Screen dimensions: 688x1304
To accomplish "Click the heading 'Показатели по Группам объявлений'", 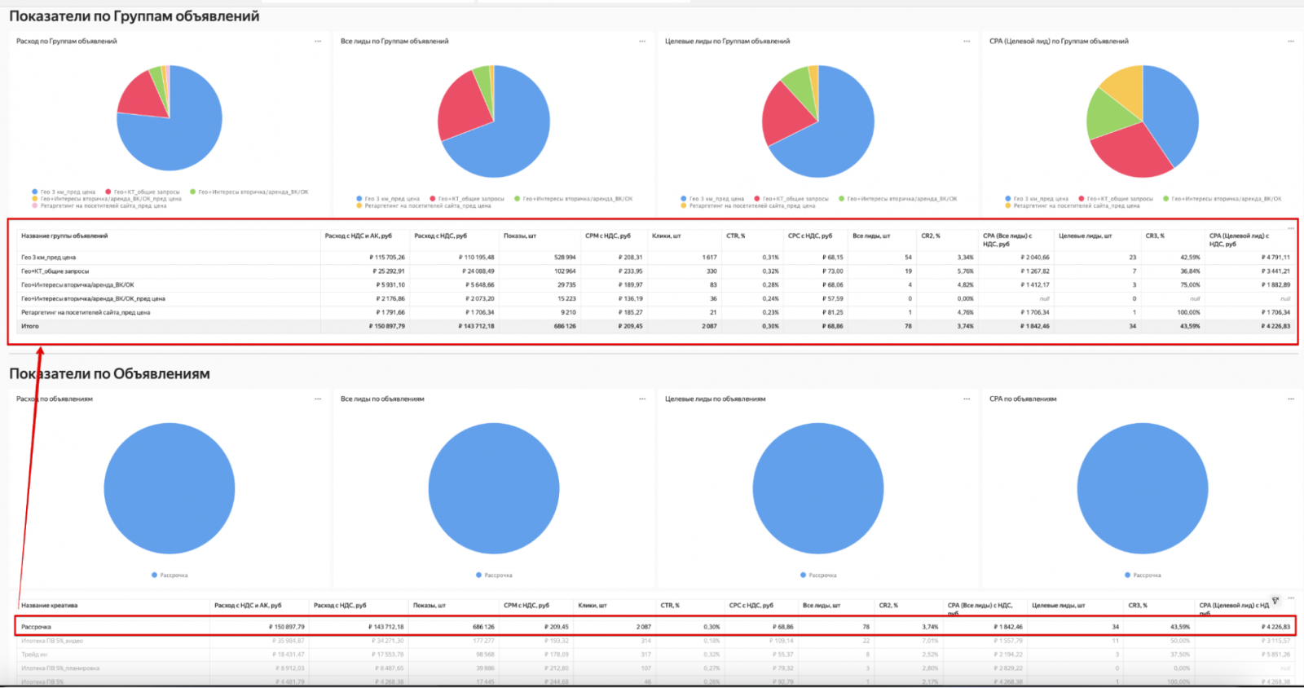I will coord(134,16).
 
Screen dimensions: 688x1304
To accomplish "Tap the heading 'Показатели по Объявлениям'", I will coord(110,374).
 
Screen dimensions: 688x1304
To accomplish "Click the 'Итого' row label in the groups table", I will coord(30,326).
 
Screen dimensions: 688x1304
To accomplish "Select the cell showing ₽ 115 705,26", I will coord(386,258).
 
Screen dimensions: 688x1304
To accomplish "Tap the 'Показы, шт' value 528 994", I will coord(564,258).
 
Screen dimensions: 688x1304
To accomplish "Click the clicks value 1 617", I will coord(708,258).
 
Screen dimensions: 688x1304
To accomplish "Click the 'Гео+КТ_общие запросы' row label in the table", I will coord(55,271).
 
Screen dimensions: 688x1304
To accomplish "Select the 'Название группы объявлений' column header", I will coord(64,236).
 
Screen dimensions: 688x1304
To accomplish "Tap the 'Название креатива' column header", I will coord(50,606).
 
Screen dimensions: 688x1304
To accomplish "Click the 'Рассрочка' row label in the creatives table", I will coord(36,627).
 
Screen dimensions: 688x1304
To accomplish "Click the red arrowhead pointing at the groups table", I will coord(40,351).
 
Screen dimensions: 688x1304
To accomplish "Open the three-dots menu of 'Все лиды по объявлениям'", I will coord(642,399).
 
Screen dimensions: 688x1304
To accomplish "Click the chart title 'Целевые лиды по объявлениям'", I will coord(715,399).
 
